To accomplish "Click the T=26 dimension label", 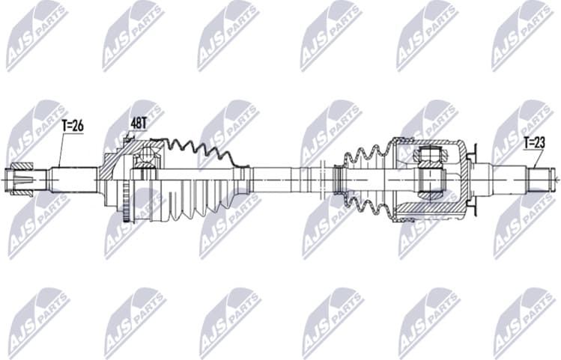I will [73, 126].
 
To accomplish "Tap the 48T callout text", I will [139, 122].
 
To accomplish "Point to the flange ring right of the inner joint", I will [472, 180].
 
